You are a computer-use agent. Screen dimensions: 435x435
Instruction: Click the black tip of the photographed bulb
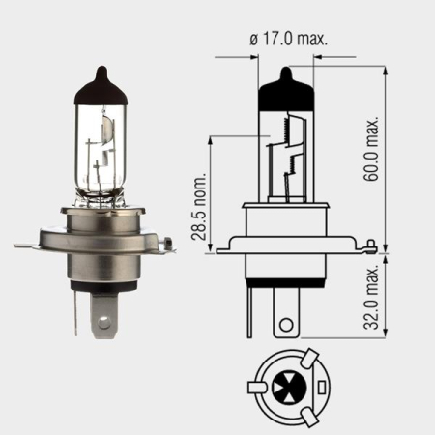point(101,85)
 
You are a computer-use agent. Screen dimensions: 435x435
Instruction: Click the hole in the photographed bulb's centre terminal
point(103,324)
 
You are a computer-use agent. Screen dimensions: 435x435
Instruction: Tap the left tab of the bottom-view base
point(256,388)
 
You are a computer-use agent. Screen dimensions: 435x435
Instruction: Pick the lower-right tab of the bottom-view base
point(308,416)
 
